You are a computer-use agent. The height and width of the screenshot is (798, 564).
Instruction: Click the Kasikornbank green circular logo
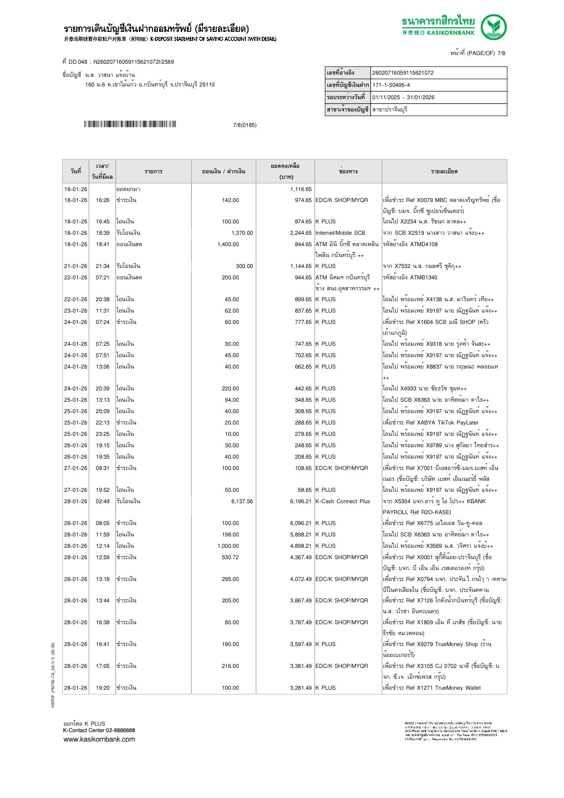pyautogui.click(x=493, y=27)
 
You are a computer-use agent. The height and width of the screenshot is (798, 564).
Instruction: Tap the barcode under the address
pyautogui.click(x=130, y=124)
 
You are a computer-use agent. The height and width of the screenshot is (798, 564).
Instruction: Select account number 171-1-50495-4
pyautogui.click(x=391, y=85)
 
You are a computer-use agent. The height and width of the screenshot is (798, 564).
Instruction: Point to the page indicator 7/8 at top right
pyautogui.click(x=501, y=53)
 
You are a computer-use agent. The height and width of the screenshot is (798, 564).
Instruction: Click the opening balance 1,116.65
pyautogui.click(x=301, y=189)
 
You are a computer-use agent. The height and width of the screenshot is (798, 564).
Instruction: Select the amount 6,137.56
pyautogui.click(x=242, y=501)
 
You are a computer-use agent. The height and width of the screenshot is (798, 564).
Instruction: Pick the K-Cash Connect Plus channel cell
pyautogui.click(x=342, y=501)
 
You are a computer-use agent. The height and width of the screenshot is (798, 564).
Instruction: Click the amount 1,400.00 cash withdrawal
pyautogui.click(x=228, y=244)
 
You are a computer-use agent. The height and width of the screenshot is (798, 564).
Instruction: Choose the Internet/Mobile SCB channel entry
pyautogui.click(x=340, y=233)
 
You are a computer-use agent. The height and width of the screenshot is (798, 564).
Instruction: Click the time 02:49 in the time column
pyautogui.click(x=102, y=501)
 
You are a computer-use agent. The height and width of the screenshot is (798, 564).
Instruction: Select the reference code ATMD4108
pyautogui.click(x=424, y=244)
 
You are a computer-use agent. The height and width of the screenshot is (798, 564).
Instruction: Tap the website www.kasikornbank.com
pyautogui.click(x=99, y=739)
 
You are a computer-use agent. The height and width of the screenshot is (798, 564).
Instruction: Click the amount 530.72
pyautogui.click(x=230, y=557)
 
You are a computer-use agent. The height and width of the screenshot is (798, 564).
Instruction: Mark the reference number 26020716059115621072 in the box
pyautogui.click(x=403, y=73)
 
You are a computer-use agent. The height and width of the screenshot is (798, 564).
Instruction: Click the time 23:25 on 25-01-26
pyautogui.click(x=102, y=434)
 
